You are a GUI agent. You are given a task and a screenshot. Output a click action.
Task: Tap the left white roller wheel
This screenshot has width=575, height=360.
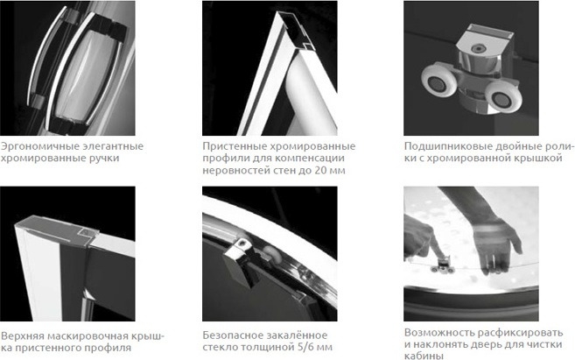(439, 82)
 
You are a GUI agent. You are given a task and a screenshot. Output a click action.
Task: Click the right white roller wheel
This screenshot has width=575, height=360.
(502, 97)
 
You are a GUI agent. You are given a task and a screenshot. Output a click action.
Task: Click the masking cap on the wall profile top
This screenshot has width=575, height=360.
(57, 229)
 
